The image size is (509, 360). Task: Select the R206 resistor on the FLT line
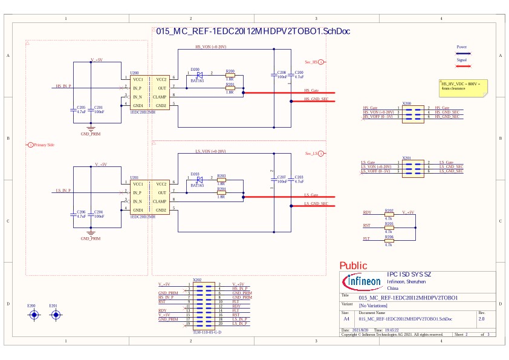[389, 240]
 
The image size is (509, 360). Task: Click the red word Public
[353, 266]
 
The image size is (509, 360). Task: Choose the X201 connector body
[407, 166]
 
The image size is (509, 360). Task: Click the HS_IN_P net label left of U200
[63, 87]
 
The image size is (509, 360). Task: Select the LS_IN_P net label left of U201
[63, 191]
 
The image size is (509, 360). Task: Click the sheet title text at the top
[254, 31]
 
